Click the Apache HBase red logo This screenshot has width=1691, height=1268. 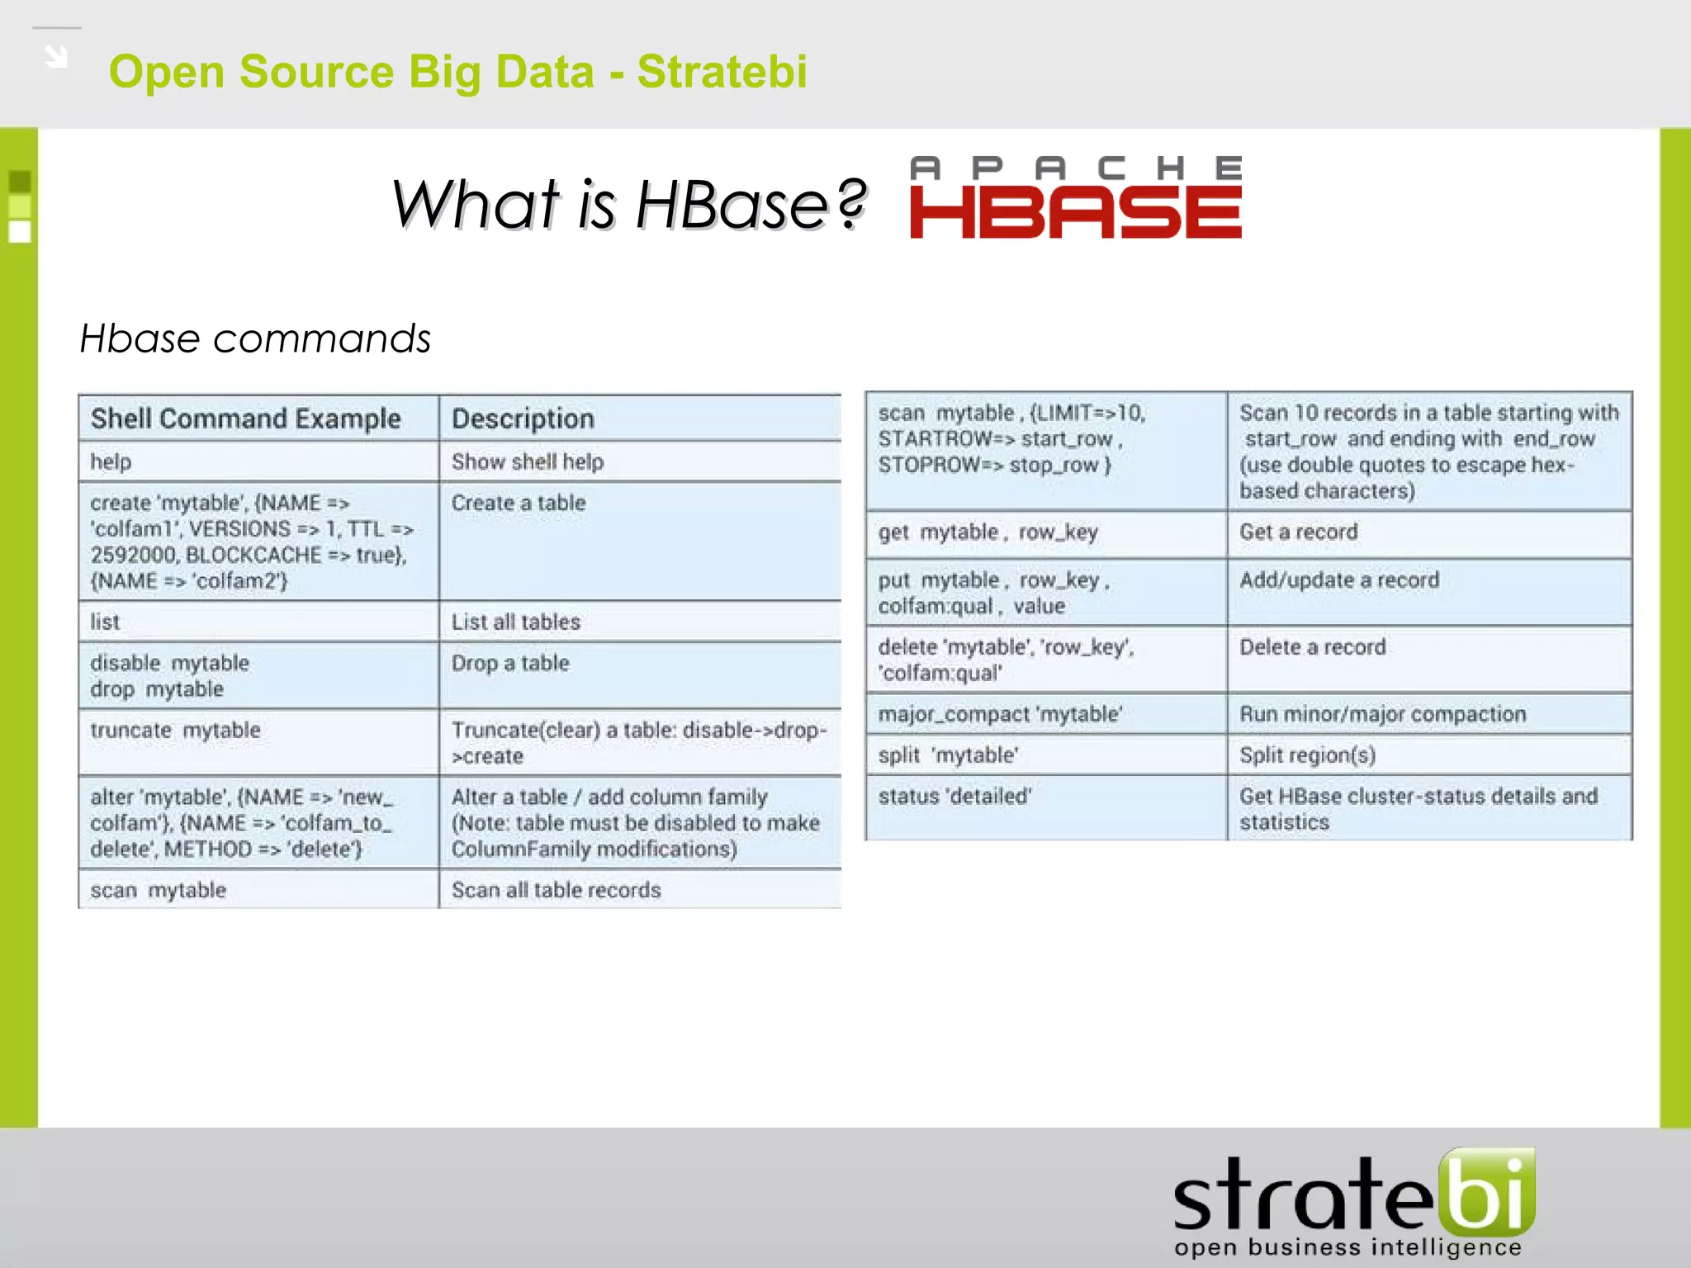pos(1075,199)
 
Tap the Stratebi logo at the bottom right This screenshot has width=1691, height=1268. pos(1354,1202)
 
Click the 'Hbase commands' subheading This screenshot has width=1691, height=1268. pos(255,338)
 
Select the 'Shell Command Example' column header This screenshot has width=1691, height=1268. pos(246,419)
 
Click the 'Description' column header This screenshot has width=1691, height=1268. pos(523,419)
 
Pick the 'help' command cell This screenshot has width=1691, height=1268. pos(111,461)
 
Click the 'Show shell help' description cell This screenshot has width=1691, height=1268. pos(528,461)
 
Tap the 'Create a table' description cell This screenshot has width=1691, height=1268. pos(519,503)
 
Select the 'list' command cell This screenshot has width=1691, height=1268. pos(105,622)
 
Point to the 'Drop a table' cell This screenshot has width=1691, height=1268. pos(510,663)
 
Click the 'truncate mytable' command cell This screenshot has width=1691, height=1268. pos(175,731)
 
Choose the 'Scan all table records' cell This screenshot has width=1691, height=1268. pos(556,890)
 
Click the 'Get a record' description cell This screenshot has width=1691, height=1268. pos(1298,532)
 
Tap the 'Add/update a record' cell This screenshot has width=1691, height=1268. pos(1338,580)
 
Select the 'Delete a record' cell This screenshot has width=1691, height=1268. pos(1312,647)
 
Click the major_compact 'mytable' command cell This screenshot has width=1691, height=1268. pos(1000,714)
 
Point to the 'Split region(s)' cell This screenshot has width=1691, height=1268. pos(1307,755)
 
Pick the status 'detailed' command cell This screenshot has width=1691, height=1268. pos(954,797)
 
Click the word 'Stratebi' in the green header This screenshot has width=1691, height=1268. pos(722,72)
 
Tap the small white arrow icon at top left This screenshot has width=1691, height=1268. pos(56,56)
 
